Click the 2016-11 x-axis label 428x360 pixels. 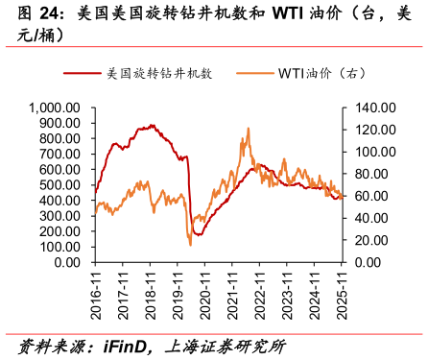[95, 288]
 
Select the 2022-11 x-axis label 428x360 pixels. [259, 288]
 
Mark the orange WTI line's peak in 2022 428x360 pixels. [248, 128]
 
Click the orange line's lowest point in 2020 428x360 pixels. [190, 245]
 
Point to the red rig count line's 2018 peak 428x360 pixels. [152, 125]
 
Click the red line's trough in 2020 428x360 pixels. [198, 234]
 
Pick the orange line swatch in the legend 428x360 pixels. [251, 73]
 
